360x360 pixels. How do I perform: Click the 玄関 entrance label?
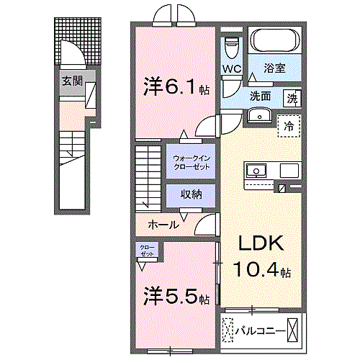(x=70, y=81)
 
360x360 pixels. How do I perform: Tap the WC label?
(x=231, y=69)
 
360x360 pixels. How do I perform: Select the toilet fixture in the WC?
(x=231, y=46)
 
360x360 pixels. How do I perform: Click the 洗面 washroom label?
(x=260, y=96)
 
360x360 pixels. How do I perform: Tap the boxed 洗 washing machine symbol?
(x=292, y=96)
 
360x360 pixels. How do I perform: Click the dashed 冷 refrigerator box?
(x=289, y=125)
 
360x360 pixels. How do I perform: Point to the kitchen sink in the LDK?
(x=257, y=171)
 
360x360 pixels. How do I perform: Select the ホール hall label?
(x=163, y=225)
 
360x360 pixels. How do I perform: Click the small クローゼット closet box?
(x=148, y=251)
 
